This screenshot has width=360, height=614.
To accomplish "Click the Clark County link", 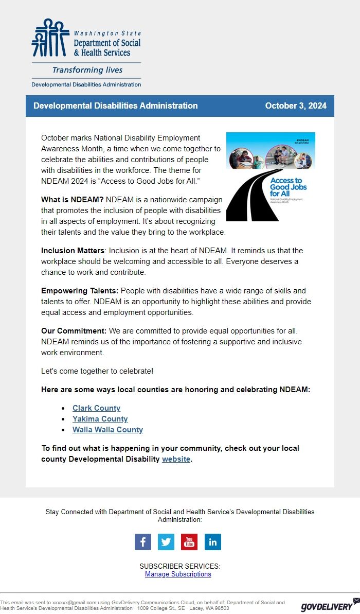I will coord(96,408).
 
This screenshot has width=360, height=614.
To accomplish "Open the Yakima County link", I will coord(100,419).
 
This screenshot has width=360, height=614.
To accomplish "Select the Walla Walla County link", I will coord(107,430).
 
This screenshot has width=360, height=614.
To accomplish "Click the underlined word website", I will coord(176,459).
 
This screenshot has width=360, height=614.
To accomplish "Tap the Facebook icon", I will coord(143,542).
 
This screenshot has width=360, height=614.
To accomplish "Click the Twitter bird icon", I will coord(166,542).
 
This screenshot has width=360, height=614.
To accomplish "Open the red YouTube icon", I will coord(189,542).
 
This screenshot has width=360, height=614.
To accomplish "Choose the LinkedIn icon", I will coord(212,542).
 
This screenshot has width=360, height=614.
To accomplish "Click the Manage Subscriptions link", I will coord(178,574).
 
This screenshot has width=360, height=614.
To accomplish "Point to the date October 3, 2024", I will coord(296,106).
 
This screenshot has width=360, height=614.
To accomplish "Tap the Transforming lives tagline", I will coord(87,70).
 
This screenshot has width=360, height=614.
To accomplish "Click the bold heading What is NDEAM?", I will coord(73,199).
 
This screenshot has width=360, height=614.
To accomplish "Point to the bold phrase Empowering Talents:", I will coord(80,291).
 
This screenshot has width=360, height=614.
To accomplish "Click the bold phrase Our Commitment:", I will coord(74,330).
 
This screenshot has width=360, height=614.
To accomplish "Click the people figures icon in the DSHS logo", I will coord(50,38).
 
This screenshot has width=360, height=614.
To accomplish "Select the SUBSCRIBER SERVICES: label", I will coord(180,566).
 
